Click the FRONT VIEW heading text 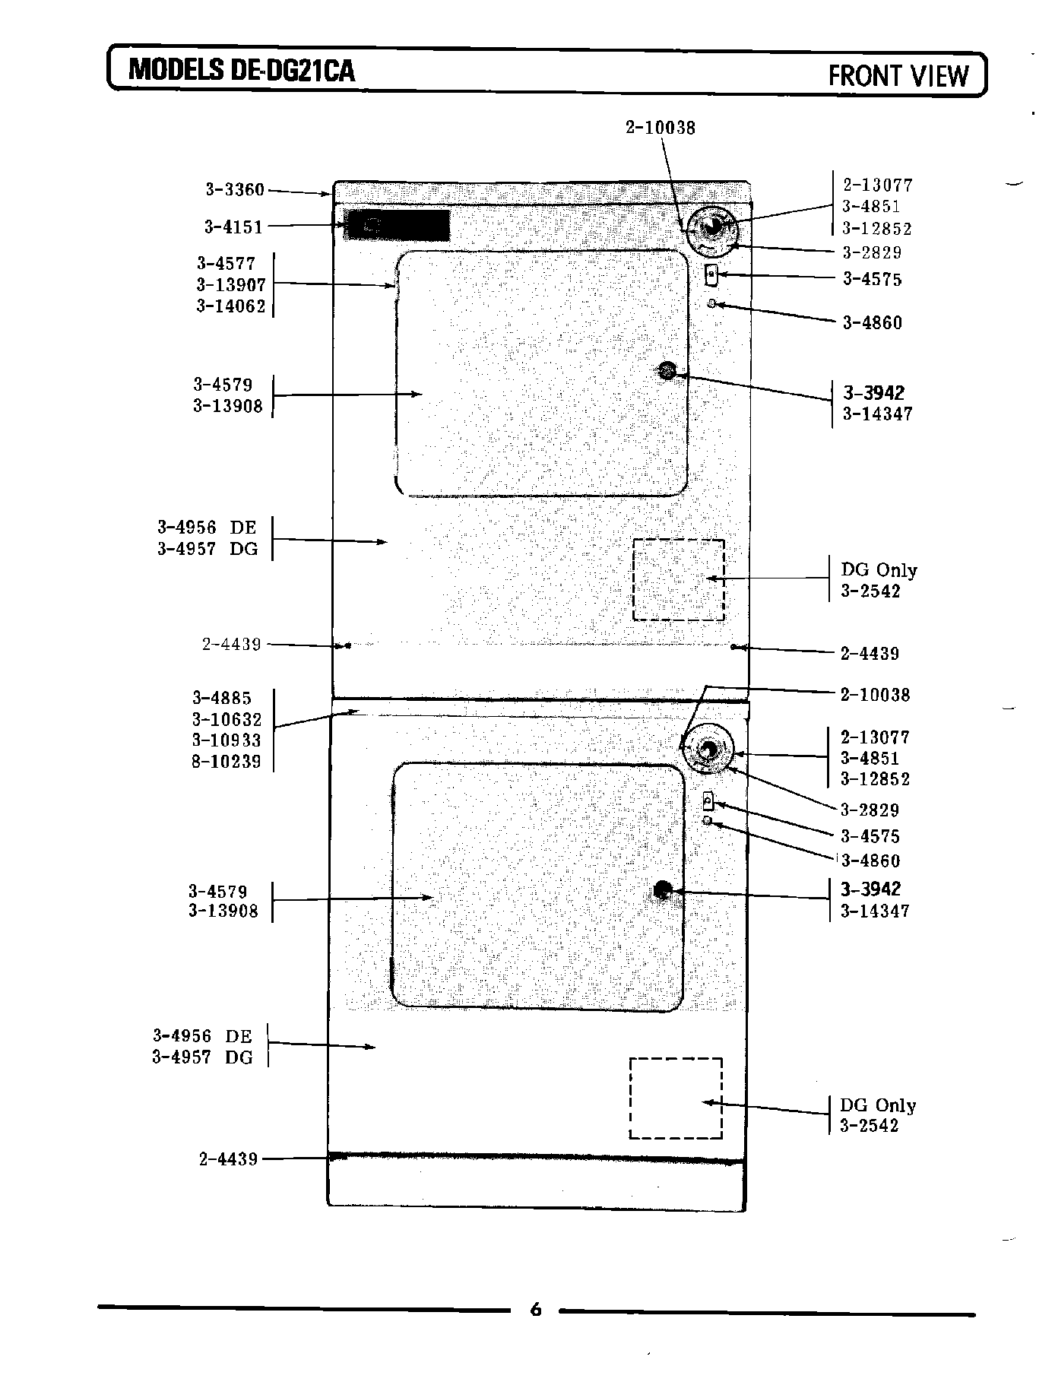click(898, 76)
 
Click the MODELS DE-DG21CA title click(242, 71)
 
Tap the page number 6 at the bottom click(536, 1309)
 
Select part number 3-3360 click(235, 189)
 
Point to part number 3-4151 click(233, 227)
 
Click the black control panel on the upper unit click(398, 225)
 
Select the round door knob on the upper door click(667, 371)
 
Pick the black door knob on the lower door click(662, 890)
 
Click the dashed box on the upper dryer click(678, 579)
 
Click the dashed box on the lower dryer click(676, 1098)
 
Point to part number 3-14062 click(231, 306)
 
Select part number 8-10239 click(227, 762)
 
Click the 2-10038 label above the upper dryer click(661, 128)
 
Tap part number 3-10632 click(227, 719)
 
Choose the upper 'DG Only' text click(879, 570)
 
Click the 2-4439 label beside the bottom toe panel click(229, 1159)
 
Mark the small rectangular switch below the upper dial click(711, 275)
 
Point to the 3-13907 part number click(231, 285)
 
